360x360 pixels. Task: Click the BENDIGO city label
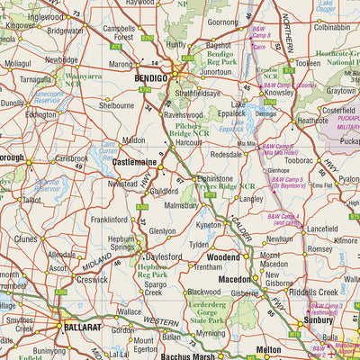[x=147, y=79]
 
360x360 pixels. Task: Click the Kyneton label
[x=210, y=224]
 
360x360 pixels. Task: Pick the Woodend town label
[x=222, y=256]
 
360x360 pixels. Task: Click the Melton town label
[x=268, y=348]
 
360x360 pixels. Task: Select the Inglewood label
[x=46, y=17]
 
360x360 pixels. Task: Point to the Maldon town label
[x=133, y=140]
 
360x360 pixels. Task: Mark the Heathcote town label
[x=312, y=120]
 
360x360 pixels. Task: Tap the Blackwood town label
[x=205, y=292]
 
